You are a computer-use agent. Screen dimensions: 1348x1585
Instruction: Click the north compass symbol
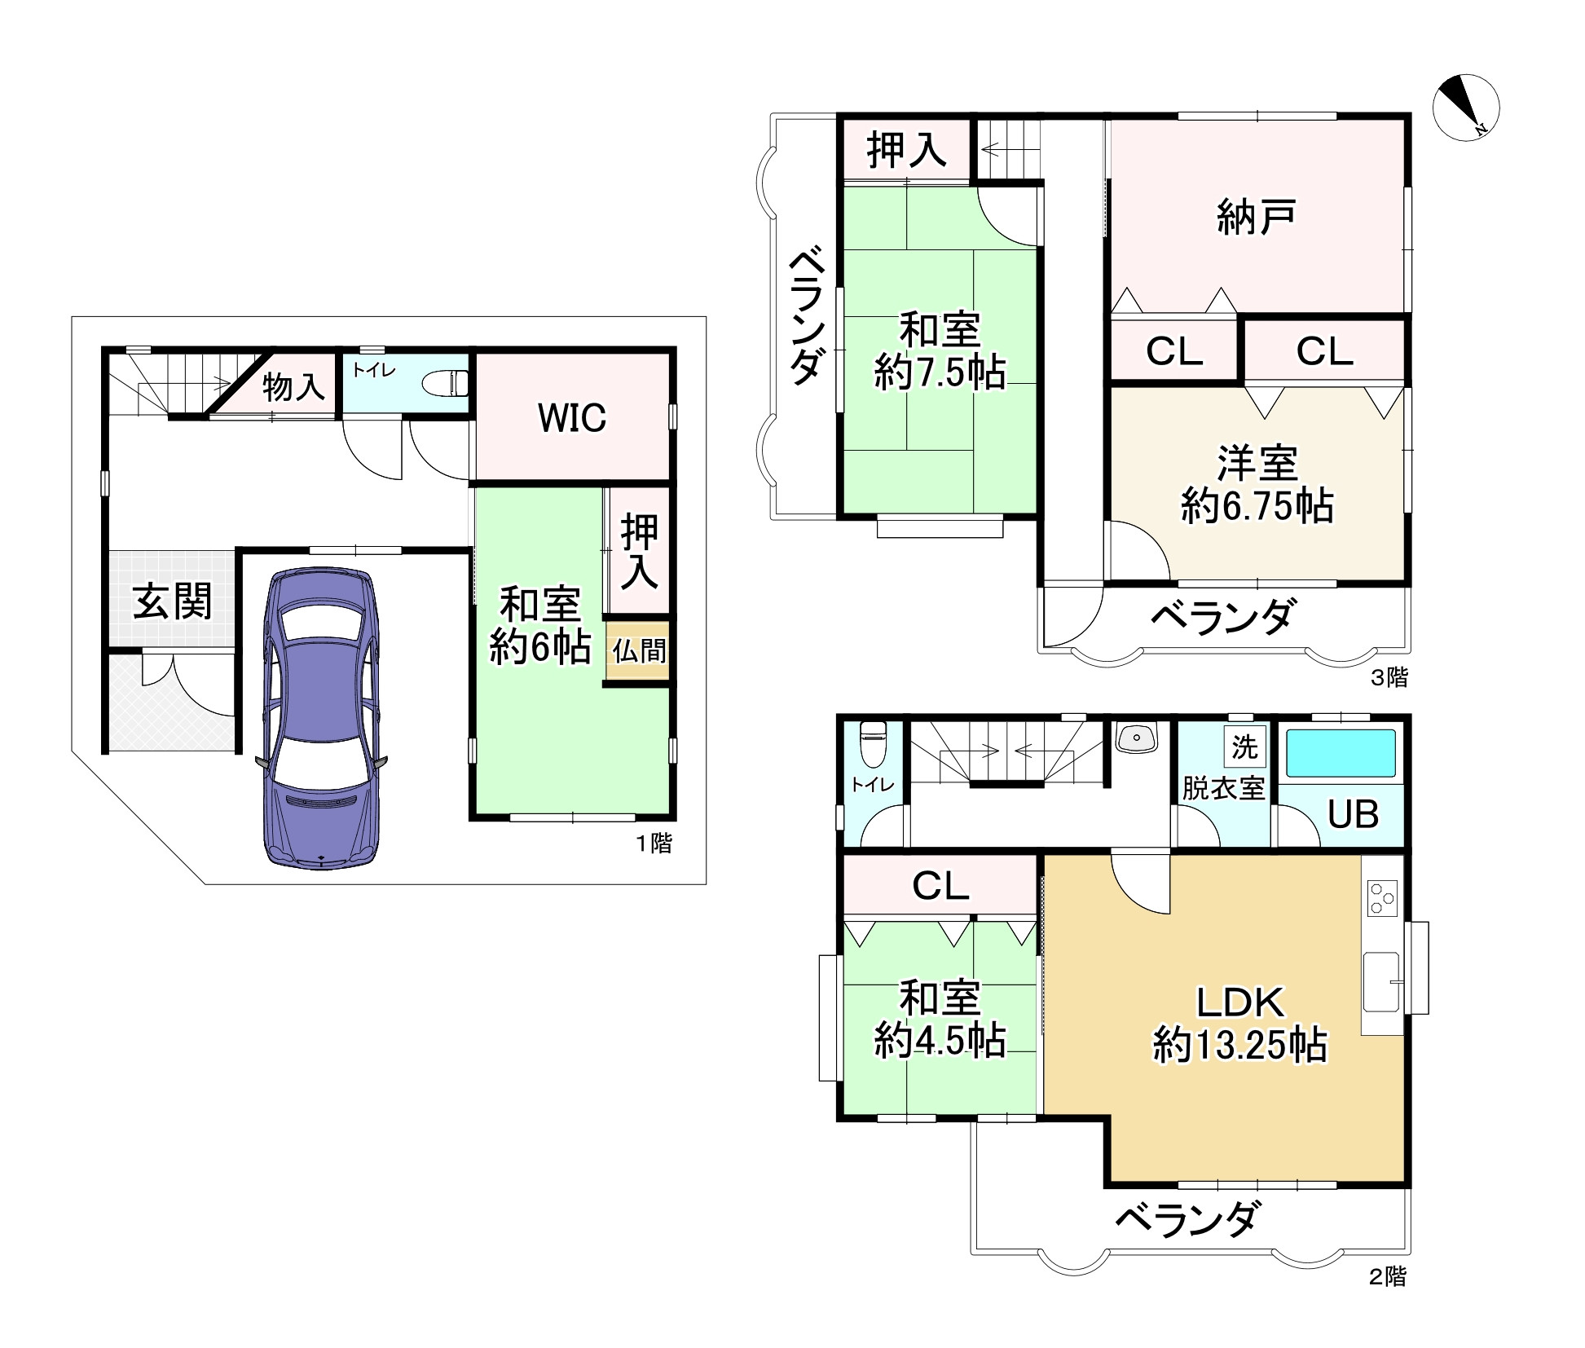coord(1465,108)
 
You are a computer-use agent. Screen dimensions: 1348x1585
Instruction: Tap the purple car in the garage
coord(321,717)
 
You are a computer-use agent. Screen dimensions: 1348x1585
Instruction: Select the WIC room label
coord(572,418)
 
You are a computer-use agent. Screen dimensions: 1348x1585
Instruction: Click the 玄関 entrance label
coord(172,602)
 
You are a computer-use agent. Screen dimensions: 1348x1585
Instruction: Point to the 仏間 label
coord(639,650)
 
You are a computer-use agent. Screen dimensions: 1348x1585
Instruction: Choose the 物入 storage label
coord(293,387)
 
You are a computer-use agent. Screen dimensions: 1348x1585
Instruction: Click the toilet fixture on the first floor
coord(447,383)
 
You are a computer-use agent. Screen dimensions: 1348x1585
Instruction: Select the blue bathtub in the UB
coord(1340,753)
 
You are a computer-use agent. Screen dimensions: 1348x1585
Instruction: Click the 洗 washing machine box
coord(1244,747)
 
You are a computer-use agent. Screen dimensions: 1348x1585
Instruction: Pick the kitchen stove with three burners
coord(1382,898)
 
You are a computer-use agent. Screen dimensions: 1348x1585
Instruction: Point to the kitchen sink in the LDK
coord(1382,981)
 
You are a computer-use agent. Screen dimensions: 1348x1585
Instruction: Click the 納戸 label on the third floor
coord(1256,217)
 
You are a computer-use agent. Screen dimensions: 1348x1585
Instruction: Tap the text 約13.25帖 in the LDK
coord(1239,1045)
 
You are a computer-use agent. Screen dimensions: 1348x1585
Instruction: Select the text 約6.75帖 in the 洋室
coord(1257,506)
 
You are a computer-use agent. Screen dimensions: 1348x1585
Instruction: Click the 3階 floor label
coord(1389,677)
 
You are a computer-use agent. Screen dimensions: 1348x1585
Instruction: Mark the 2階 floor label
coord(1387,1277)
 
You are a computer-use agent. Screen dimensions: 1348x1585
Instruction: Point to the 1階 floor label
coord(654,843)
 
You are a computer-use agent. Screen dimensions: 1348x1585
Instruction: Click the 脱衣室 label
coord(1223,788)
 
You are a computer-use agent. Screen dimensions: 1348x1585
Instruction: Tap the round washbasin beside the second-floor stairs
coord(1138,738)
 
